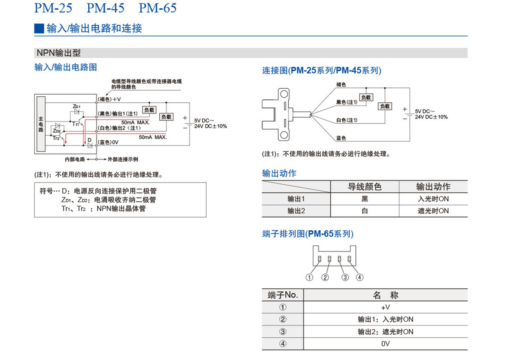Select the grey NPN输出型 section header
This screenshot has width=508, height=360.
[x=59, y=53]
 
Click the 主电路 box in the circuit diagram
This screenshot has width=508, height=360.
[x=41, y=124]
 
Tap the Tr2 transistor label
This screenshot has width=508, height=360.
[x=56, y=138]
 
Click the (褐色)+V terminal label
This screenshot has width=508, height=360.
[x=110, y=99]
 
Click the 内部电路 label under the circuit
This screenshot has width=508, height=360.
[x=75, y=159]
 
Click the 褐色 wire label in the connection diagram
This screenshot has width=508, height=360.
[x=341, y=84]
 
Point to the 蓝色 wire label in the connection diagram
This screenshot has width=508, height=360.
[x=341, y=138]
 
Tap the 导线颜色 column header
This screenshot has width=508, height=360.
[x=365, y=186]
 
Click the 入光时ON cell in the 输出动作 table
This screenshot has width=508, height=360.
[x=433, y=199]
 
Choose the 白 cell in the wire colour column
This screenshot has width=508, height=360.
[x=365, y=211]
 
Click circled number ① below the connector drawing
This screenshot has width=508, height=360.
[x=309, y=278]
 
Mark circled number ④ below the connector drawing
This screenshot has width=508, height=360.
[x=360, y=278]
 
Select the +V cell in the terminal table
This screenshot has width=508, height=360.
[x=385, y=307]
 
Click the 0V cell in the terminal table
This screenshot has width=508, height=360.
[x=385, y=344]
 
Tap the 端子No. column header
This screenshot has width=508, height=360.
[x=283, y=295]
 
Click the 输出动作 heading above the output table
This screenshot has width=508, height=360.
[x=279, y=173]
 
